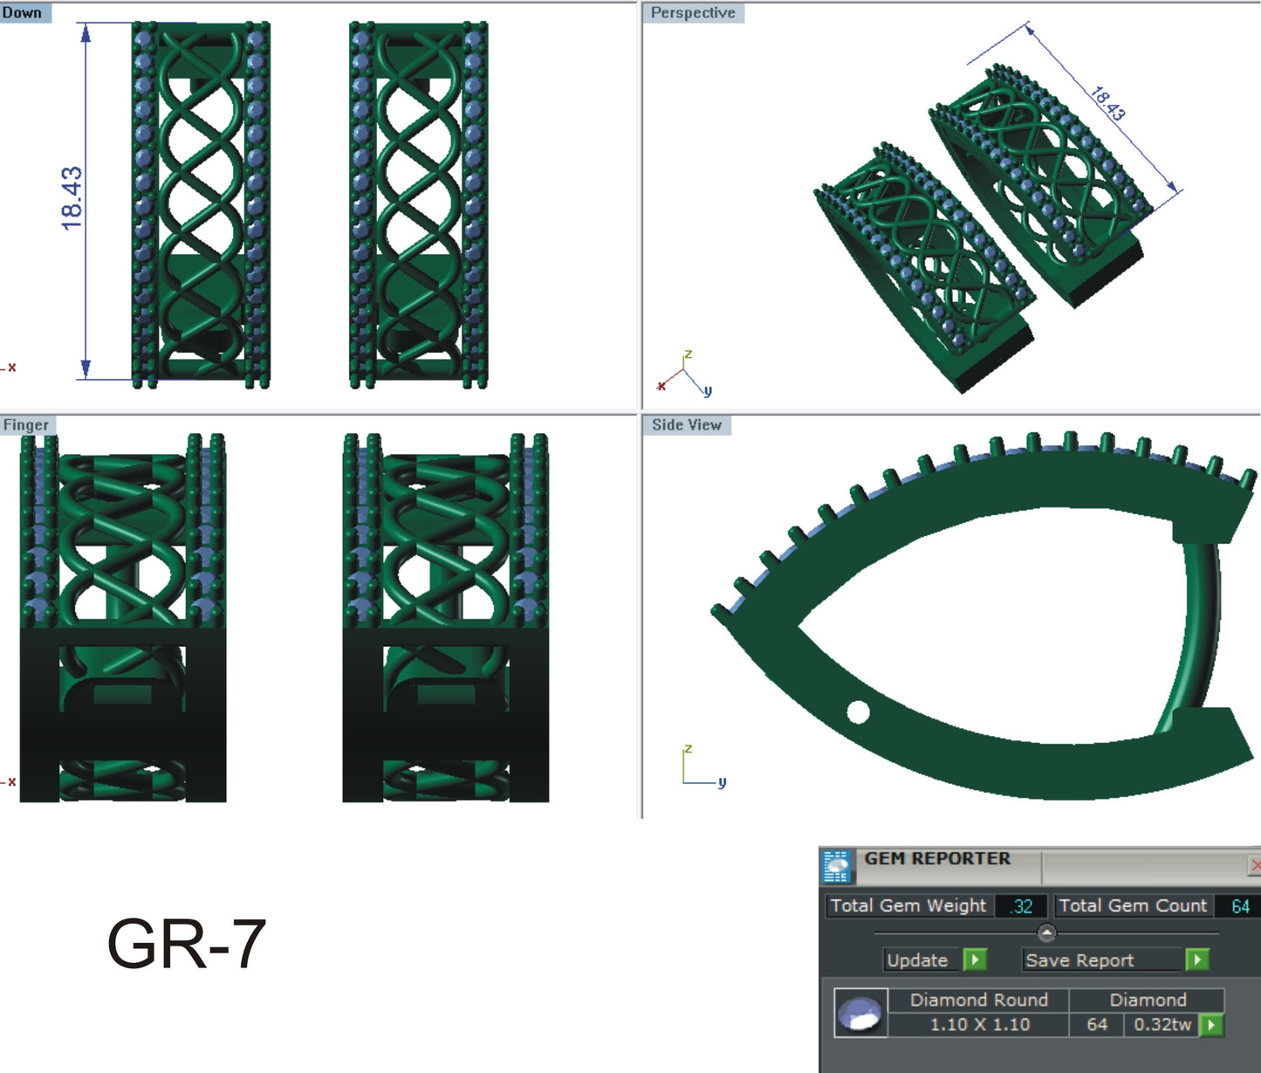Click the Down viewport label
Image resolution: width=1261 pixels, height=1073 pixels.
(x=22, y=13)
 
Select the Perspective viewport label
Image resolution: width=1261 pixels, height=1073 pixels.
(x=693, y=13)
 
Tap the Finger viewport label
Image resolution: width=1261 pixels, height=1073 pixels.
(x=26, y=425)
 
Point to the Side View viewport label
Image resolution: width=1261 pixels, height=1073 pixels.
(x=687, y=425)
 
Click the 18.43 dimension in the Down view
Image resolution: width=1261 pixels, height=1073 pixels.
(x=72, y=198)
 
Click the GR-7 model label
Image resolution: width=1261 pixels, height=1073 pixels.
(x=186, y=944)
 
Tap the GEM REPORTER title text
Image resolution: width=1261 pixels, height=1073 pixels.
(x=937, y=859)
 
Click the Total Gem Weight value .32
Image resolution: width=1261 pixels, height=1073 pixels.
(x=1022, y=906)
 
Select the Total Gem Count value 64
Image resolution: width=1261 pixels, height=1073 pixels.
(x=1240, y=906)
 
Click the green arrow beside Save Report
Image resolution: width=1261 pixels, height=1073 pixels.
(x=1197, y=960)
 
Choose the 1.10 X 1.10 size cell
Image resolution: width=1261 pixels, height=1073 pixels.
(x=979, y=1025)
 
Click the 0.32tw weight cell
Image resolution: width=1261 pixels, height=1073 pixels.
(x=1162, y=1025)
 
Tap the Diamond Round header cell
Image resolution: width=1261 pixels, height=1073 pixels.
(x=979, y=1001)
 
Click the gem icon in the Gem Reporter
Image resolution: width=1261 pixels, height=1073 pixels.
(x=860, y=1014)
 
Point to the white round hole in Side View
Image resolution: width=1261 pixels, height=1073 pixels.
(x=858, y=712)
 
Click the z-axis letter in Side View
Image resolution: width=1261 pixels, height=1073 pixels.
(x=689, y=750)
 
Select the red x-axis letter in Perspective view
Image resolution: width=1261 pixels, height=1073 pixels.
(x=661, y=385)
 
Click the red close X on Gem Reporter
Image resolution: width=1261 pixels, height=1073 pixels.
(x=1255, y=865)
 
